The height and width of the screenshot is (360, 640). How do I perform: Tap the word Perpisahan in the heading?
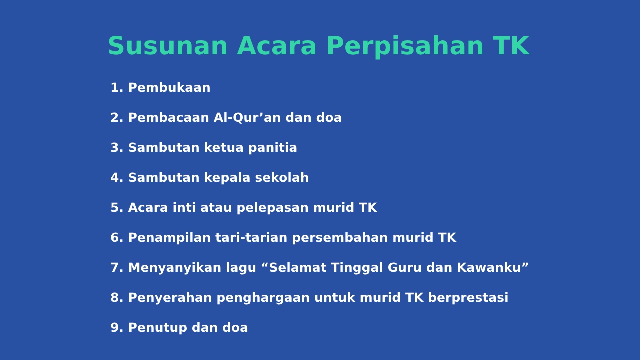[x=405, y=47]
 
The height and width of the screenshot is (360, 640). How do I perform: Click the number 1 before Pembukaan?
[x=115, y=87]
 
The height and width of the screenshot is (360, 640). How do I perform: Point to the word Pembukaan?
[x=169, y=87]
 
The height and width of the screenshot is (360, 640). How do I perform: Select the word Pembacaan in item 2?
[x=169, y=117]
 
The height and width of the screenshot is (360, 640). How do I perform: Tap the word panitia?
[x=273, y=148]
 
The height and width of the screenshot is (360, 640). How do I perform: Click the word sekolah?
[x=282, y=177]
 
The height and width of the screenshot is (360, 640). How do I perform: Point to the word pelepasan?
[x=273, y=208]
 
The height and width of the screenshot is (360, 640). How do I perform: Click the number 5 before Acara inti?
[x=115, y=207]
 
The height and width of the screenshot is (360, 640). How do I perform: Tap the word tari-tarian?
[x=251, y=237]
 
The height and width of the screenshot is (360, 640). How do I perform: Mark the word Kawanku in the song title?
[x=489, y=267]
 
